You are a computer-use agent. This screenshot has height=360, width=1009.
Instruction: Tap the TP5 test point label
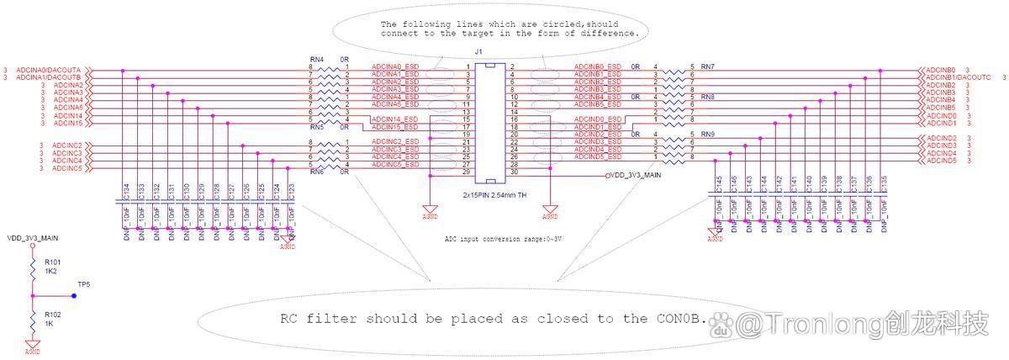83,285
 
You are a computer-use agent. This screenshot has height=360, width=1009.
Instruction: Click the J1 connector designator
479,52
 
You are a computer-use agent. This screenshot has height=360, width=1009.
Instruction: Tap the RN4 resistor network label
316,59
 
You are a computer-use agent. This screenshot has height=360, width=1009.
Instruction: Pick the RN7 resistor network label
707,66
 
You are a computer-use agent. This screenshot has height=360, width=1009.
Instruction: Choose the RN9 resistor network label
707,135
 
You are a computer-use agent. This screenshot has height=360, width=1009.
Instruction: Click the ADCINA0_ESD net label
395,66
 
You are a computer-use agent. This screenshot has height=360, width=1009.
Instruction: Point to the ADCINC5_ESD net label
395,164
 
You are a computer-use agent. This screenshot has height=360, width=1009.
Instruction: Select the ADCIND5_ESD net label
597,157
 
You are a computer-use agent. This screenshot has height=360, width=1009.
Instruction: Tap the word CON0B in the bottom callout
675,320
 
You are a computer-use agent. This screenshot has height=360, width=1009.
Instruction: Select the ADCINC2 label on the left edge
67,146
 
